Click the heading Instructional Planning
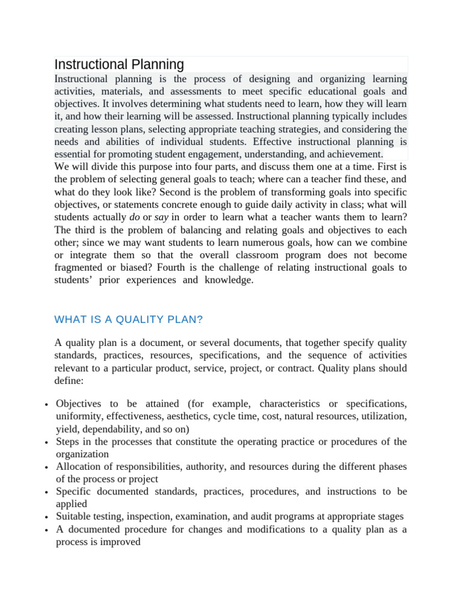(119, 64)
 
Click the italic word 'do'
(135, 217)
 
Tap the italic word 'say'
(161, 217)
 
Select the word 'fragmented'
(81, 268)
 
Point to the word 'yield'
(66, 429)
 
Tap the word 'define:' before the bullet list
(70, 380)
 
